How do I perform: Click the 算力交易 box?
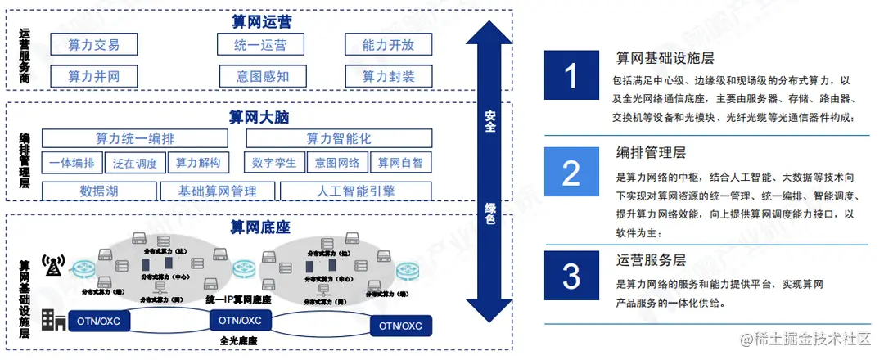tap(93, 44)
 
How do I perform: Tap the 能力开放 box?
tap(388, 44)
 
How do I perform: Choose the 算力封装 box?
tap(388, 76)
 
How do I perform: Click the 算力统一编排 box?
tap(135, 138)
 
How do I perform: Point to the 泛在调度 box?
tap(135, 163)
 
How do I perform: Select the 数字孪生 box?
tap(274, 163)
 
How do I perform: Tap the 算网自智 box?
tap(400, 163)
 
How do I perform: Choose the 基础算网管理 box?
tap(217, 191)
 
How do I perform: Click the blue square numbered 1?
tap(571, 77)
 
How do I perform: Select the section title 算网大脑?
tap(260, 117)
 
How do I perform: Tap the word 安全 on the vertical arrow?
tap(489, 122)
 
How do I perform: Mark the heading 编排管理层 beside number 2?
tap(651, 153)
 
